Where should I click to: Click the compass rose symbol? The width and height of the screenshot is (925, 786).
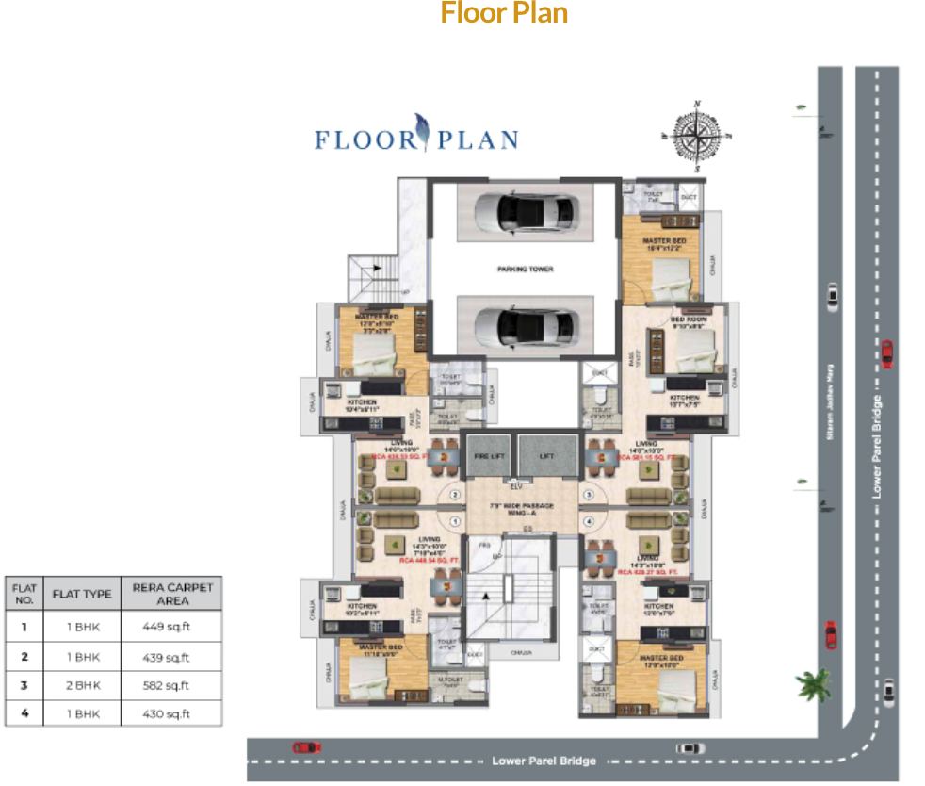697,137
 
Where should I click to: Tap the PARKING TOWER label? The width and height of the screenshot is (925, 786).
525,270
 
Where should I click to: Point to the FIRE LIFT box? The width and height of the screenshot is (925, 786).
489,456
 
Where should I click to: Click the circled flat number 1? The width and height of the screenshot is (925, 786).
455,521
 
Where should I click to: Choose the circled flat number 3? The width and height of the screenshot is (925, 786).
591,493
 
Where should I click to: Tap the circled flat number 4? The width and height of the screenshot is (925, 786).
591,521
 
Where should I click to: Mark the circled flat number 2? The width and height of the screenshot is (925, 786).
455,493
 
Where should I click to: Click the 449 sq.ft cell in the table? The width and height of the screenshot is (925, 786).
172,627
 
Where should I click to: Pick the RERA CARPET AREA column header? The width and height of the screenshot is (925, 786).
172,594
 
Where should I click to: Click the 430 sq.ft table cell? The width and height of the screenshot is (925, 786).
172,713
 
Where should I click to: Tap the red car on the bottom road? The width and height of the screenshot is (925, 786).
306,746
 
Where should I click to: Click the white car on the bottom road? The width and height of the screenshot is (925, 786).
690,747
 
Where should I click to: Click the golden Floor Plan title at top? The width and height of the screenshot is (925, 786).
504,14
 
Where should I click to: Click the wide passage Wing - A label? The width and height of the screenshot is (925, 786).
523,510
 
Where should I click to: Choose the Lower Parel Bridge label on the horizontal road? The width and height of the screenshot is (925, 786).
544,761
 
